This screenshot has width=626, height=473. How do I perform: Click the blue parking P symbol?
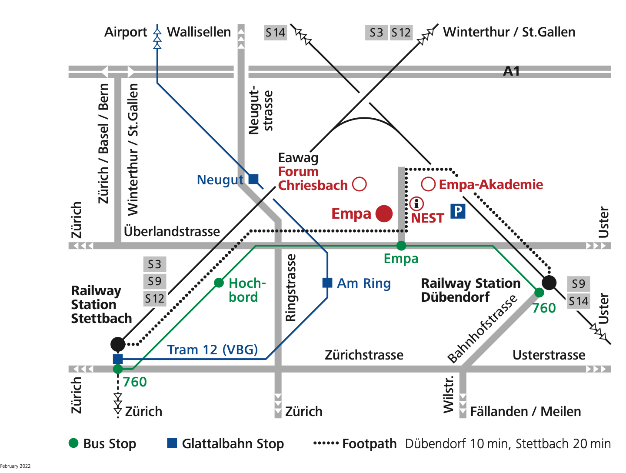click(x=458, y=211)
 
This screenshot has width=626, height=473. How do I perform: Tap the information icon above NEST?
click(x=416, y=203)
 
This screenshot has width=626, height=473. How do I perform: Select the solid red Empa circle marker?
click(x=384, y=213)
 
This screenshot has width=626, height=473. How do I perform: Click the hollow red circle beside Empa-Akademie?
click(x=428, y=184)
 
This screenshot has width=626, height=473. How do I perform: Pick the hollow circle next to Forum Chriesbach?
click(x=360, y=184)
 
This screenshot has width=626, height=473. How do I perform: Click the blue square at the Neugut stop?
click(x=253, y=179)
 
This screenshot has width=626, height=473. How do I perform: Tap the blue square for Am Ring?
click(x=327, y=283)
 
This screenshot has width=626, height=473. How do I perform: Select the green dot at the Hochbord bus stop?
click(x=219, y=283)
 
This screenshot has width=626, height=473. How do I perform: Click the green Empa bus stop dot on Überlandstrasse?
click(x=401, y=246)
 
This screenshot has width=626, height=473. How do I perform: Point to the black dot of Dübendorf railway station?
click(x=549, y=283)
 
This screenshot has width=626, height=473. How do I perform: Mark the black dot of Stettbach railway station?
click(x=118, y=344)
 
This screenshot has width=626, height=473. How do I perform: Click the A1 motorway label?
click(x=511, y=71)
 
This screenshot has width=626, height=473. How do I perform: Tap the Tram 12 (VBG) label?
click(x=213, y=350)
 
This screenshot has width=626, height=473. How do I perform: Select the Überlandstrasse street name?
click(x=172, y=231)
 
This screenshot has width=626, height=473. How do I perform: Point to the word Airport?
click(x=126, y=32)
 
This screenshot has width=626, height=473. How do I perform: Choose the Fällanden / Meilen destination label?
click(x=525, y=411)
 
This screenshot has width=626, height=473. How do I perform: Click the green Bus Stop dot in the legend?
click(x=73, y=443)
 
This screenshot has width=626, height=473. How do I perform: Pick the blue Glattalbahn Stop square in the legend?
click(x=172, y=443)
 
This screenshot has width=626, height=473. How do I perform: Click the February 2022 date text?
click(x=16, y=466)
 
